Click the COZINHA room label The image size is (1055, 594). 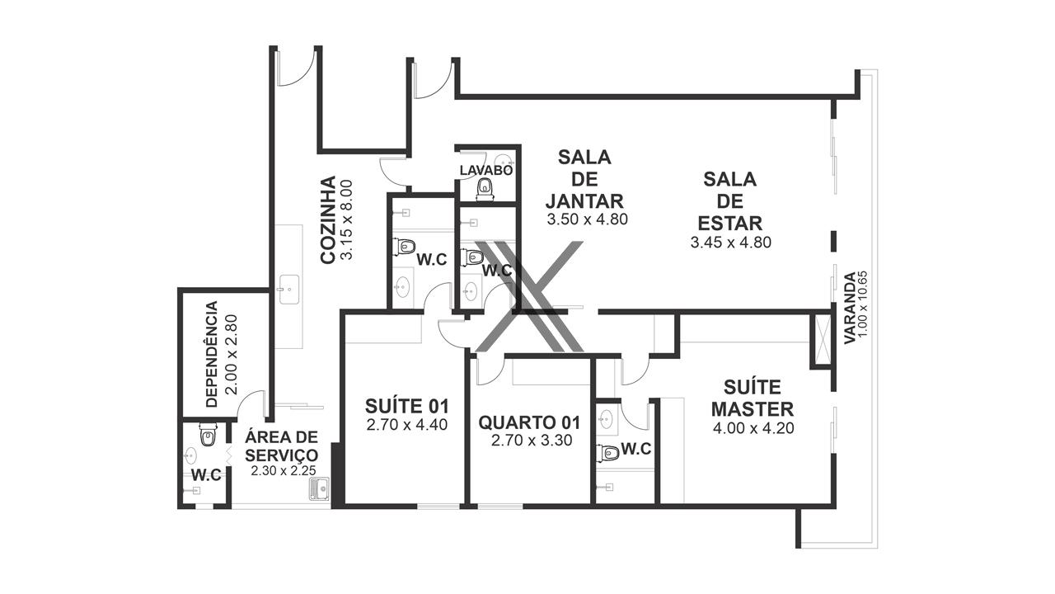[328, 219]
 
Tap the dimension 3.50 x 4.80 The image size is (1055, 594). [588, 219]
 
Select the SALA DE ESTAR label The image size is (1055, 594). [730, 201]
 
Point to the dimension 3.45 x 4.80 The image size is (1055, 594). [730, 243]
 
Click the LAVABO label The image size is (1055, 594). [486, 170]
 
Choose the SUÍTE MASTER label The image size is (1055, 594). [753, 398]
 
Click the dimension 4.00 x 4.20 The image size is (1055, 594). [753, 428]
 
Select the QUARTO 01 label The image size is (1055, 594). [529, 423]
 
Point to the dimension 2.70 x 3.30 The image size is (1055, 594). [532, 441]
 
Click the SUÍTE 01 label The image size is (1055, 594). [407, 406]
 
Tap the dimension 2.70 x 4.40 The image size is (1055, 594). [407, 425]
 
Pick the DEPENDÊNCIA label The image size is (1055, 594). [212, 354]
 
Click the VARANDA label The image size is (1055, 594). [850, 309]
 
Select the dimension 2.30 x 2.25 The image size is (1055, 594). [283, 470]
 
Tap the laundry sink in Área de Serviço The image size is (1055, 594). [319, 489]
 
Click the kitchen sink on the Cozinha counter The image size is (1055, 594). [288, 289]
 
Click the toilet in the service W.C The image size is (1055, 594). [207, 435]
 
